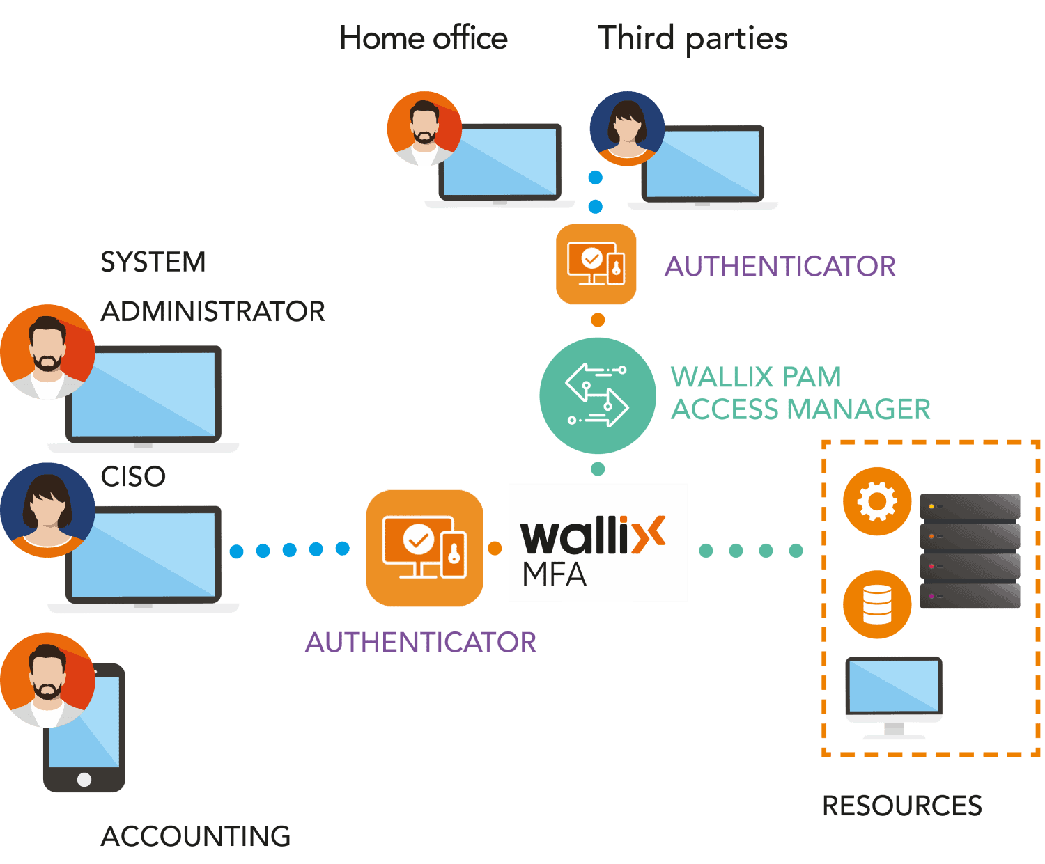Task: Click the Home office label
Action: (423, 38)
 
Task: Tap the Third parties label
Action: (692, 38)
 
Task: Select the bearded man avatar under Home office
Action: (424, 128)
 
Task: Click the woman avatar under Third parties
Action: (627, 128)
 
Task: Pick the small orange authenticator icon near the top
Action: (596, 265)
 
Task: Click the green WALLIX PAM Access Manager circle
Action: (597, 395)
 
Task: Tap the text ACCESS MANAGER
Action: (800, 409)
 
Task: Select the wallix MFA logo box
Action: (598, 542)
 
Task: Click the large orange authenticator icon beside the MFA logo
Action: (424, 548)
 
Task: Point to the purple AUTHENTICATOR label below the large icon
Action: (421, 643)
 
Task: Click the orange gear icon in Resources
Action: (877, 501)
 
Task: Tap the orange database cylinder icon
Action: (877, 604)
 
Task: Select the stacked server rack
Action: (970, 551)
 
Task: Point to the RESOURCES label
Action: (902, 806)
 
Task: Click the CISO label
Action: (133, 477)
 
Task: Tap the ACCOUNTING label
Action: (196, 836)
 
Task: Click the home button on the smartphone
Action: (84, 779)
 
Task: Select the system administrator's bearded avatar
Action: (47, 352)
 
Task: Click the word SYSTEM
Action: (153, 262)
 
